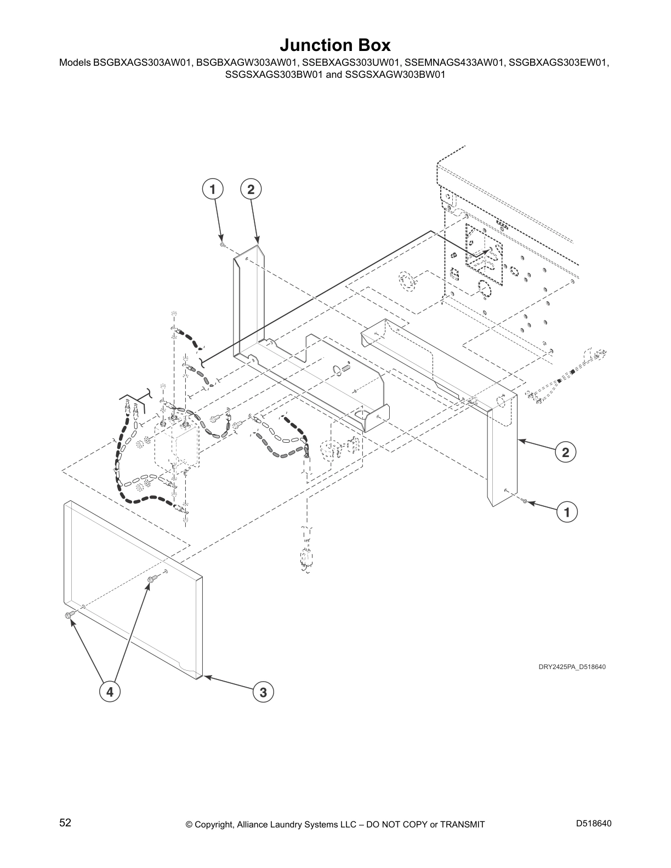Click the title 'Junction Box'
click(335, 44)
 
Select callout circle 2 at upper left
click(251, 190)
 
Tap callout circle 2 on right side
click(565, 452)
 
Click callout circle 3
click(264, 692)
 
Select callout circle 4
click(110, 692)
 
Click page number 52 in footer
click(65, 823)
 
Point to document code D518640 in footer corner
click(594, 823)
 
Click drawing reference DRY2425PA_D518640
click(571, 667)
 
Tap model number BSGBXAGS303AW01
click(139, 63)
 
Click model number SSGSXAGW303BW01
click(395, 75)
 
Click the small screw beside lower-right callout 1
click(525, 501)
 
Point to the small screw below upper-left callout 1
click(223, 245)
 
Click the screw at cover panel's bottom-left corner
click(69, 615)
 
